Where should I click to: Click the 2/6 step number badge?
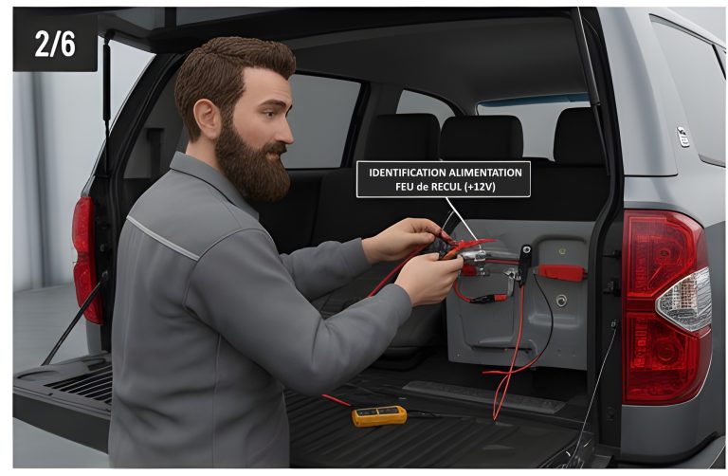coord(55,45)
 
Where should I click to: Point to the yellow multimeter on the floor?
coord(379,415)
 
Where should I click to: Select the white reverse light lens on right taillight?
coord(683,299)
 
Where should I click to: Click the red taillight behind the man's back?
coord(86,260)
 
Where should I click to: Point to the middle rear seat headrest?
coord(482,137)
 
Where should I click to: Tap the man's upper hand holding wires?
coord(403,239)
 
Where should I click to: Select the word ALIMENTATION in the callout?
coord(485,173)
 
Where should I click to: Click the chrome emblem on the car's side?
coord(682,137)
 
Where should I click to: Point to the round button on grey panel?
coord(561,301)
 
